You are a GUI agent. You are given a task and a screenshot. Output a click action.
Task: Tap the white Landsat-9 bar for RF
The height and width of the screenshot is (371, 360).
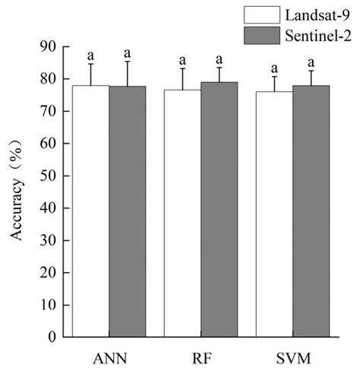pos(182,213)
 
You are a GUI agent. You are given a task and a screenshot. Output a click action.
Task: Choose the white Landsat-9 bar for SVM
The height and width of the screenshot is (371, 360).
pos(274,214)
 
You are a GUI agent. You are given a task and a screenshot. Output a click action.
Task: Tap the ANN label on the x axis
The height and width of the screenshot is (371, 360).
pos(109,355)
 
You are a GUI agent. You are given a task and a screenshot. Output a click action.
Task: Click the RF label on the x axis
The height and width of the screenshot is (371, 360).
pos(201,355)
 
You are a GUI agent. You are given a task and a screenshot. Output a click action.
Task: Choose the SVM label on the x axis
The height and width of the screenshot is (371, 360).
pos(292,355)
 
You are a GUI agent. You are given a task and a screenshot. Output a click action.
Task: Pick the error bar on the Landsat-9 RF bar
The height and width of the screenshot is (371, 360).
pos(182,79)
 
